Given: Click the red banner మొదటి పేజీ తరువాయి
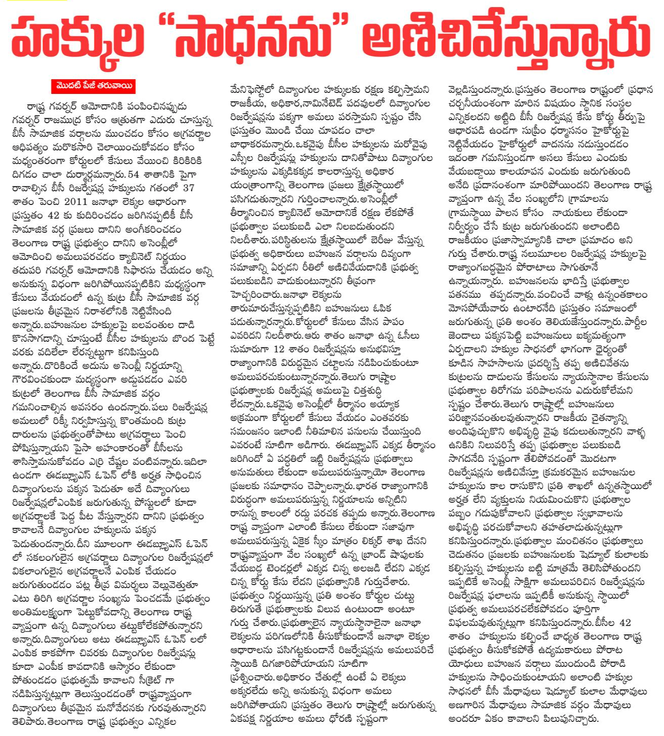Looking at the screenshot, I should [93, 86].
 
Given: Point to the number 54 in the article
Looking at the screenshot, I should [133, 175].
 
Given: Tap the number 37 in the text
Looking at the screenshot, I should [188, 188].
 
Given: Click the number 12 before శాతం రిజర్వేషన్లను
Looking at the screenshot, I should [279, 349].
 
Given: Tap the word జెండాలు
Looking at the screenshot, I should [465, 335].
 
